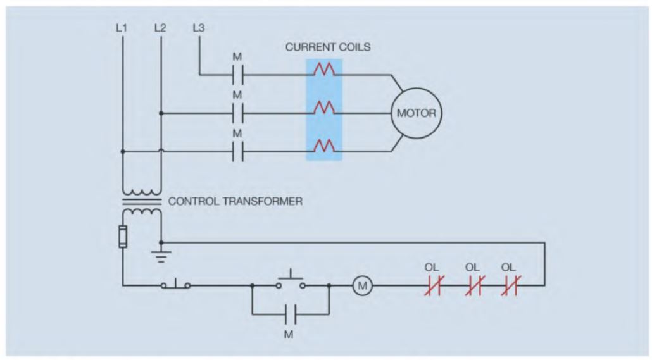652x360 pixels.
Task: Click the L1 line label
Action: pyautogui.click(x=122, y=28)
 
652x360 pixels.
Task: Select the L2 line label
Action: pyautogui.click(x=160, y=28)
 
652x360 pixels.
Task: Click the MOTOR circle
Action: pyautogui.click(x=416, y=115)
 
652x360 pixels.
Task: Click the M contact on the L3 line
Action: pyautogui.click(x=237, y=75)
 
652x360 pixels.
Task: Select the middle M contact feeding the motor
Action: pyautogui.click(x=237, y=114)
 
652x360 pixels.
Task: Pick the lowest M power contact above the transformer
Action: pyautogui.click(x=237, y=152)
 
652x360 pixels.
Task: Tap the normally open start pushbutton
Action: pyautogui.click(x=290, y=282)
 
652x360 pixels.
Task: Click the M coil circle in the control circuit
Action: pyautogui.click(x=363, y=286)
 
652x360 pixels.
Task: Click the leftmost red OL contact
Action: pyautogui.click(x=434, y=286)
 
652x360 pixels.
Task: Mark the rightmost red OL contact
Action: pyautogui.click(x=510, y=286)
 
